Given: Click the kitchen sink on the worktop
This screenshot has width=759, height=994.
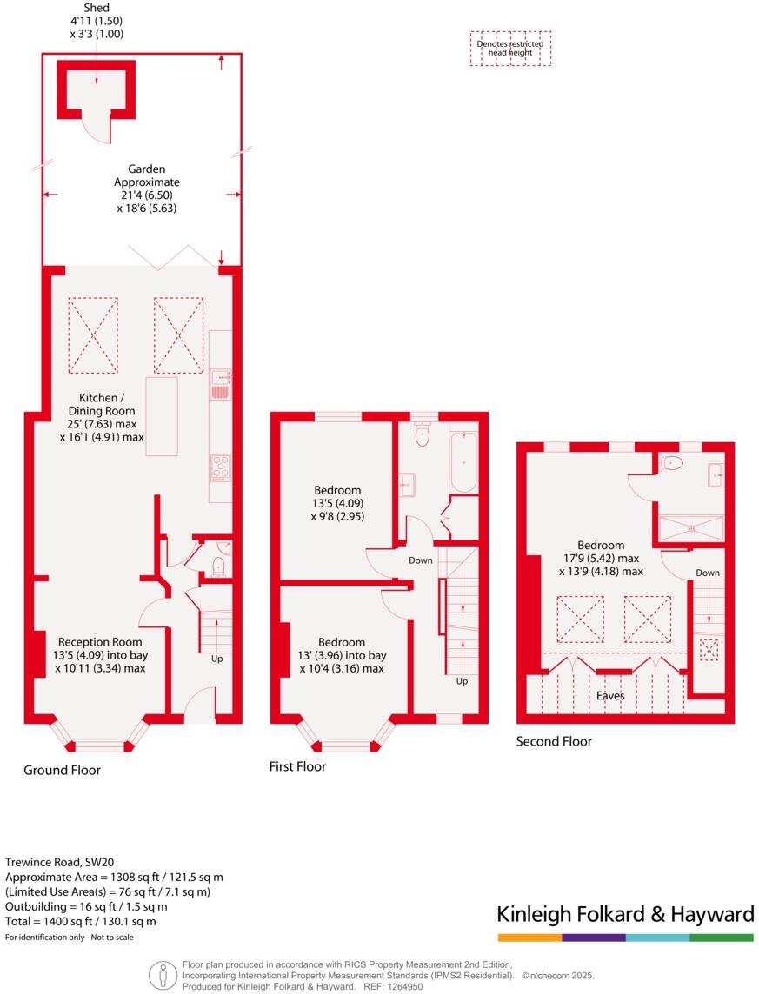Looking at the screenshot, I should pos(220,383).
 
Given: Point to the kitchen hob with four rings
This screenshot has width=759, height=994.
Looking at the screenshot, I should pos(220,467).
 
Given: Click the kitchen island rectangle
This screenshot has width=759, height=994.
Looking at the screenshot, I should pos(161,416).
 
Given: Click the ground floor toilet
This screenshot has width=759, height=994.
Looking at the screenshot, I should pos(218,566).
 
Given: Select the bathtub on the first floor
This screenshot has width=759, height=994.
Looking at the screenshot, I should pos(463,461).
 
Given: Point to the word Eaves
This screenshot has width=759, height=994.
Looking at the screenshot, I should pos(610,696).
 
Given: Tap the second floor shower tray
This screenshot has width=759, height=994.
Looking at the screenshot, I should pos(691,527).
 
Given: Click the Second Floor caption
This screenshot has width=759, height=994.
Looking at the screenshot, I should pos(554,741).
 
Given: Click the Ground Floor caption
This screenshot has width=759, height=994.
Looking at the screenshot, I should pos(62,770).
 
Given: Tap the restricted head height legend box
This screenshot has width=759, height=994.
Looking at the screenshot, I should pos(510,49).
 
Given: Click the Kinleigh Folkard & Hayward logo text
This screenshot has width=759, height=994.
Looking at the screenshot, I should pos(625,914).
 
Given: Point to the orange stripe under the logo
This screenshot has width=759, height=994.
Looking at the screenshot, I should pos(529,938).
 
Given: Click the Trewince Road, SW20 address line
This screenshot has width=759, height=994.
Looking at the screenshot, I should pos(59,863).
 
